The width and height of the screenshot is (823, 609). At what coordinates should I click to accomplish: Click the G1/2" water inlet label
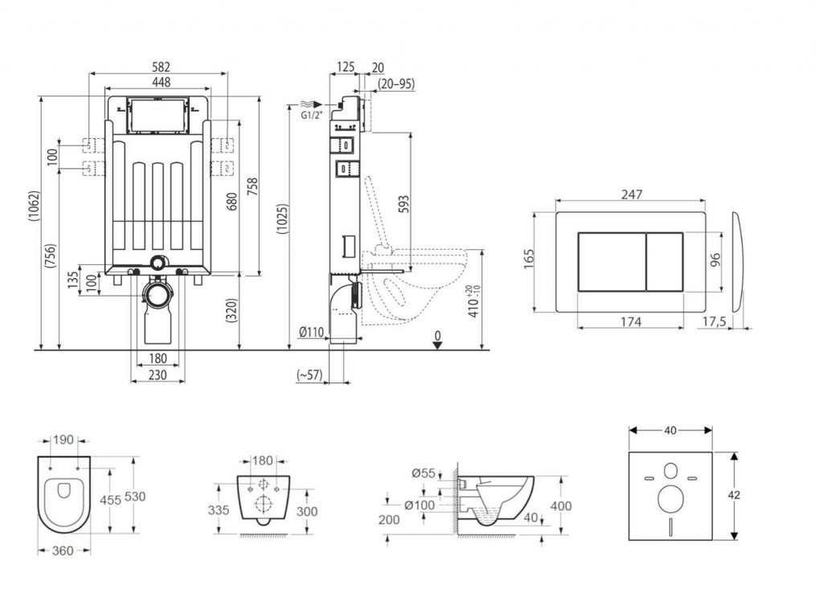point(311,115)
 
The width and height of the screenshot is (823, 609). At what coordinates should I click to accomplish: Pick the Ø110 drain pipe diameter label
point(311,333)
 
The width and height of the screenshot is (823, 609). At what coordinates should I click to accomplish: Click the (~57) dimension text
point(309,374)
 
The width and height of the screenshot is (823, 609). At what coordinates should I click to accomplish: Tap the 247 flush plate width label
point(631,194)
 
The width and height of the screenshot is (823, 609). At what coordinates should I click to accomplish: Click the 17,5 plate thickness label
point(715,321)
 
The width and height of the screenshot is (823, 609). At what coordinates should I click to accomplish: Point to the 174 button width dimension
point(631,321)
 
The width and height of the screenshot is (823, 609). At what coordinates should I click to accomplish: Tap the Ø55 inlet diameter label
point(424,473)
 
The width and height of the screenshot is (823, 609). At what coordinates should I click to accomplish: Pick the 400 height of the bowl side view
point(561,506)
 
